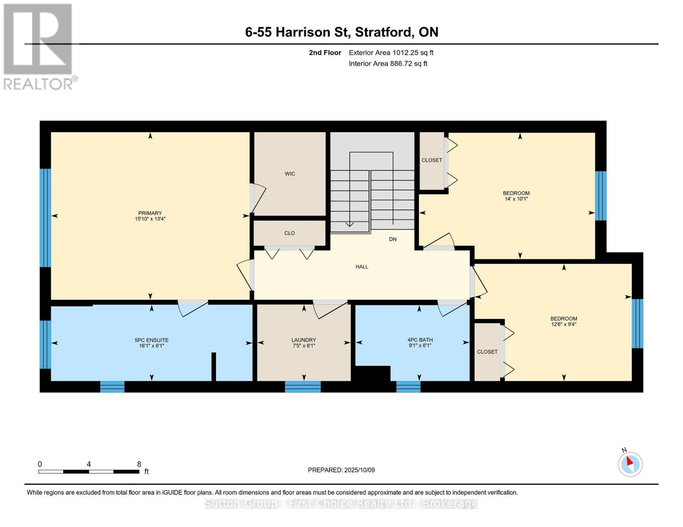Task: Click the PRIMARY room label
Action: (x=150, y=213)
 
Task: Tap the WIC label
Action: (x=290, y=173)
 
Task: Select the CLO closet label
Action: (x=289, y=233)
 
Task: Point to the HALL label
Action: (x=362, y=267)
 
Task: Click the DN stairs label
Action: (x=393, y=239)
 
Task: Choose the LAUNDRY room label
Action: (x=303, y=340)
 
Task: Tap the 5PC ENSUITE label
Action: (x=151, y=340)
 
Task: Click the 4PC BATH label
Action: (x=420, y=339)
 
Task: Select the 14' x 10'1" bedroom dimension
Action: (x=516, y=199)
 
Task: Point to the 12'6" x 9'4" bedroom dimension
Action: (x=563, y=324)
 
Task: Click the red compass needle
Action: (x=630, y=461)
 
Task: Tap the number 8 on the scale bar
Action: (x=139, y=464)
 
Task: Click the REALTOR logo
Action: (x=39, y=47)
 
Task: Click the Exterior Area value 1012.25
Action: (x=405, y=53)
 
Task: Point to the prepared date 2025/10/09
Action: (x=360, y=470)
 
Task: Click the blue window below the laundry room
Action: (x=303, y=387)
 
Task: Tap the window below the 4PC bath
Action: (x=408, y=387)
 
